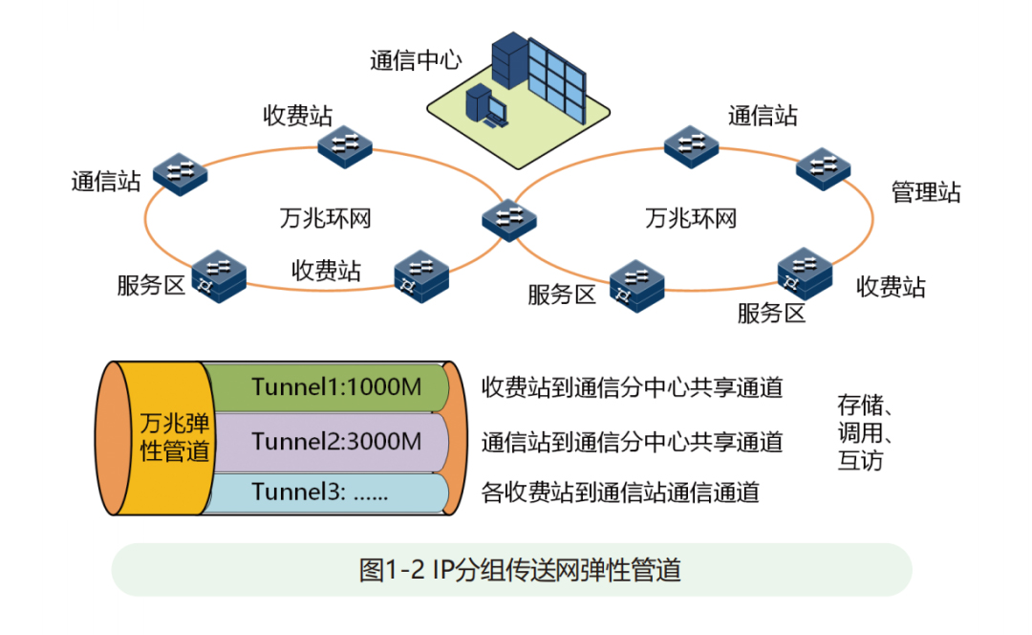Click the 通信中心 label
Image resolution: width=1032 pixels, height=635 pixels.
pyautogui.click(x=415, y=61)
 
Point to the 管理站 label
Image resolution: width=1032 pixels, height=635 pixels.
pyautogui.click(x=925, y=191)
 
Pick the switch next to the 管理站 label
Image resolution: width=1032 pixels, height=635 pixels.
pyautogui.click(x=824, y=167)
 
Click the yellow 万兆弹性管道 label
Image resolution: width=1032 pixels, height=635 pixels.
pyautogui.click(x=174, y=437)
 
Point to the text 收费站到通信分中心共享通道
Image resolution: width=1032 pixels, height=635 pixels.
pyautogui.click(x=632, y=387)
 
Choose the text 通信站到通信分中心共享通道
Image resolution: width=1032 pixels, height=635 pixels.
pyautogui.click(x=632, y=442)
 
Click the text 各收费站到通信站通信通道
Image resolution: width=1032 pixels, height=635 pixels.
pyautogui.click(x=620, y=493)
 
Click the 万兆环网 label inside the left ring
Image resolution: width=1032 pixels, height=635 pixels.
pyautogui.click(x=325, y=218)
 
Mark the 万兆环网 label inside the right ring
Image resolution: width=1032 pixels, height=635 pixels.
pyautogui.click(x=691, y=218)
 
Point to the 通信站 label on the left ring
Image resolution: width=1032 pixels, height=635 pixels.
pyautogui.click(x=105, y=181)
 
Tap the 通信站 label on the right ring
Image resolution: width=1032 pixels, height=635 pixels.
pyautogui.click(x=762, y=116)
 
